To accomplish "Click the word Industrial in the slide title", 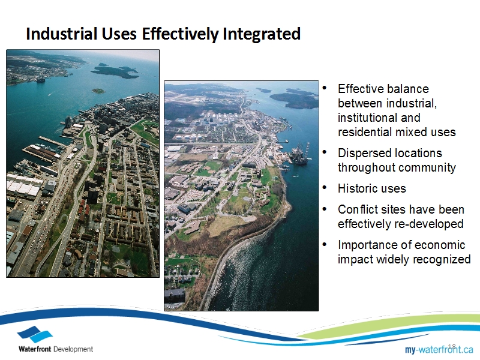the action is coord(62,34).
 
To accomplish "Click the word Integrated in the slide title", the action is coord(262,35).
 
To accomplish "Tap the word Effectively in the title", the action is coord(180,34).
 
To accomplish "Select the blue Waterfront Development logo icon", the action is coord(35,334).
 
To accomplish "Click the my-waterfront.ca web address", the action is coord(439,349).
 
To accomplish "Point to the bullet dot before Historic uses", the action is coord(325,187).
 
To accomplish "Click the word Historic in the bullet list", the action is coord(355,188).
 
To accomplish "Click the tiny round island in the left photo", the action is coord(98,91).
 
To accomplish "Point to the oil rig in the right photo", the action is coord(299,153).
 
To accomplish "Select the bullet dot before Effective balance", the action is coord(325,88).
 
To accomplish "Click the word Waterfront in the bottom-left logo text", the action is coord(35,349).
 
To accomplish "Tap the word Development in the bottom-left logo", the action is coord(73,349).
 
